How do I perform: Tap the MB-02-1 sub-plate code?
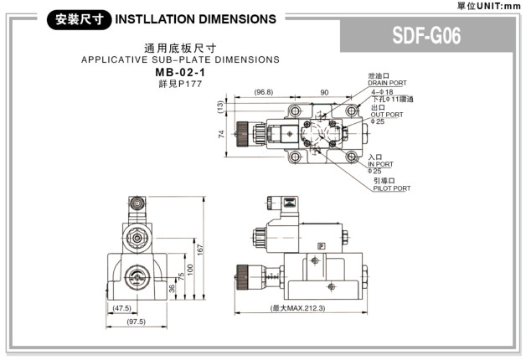tap(180, 73)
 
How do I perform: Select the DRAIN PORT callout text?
tap(386, 83)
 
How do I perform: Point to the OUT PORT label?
tap(384, 115)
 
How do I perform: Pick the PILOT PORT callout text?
tap(391, 188)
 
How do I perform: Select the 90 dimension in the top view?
tap(323, 91)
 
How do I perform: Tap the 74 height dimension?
tap(221, 134)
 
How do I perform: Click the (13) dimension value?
tap(221, 106)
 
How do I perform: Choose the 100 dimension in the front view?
tap(190, 268)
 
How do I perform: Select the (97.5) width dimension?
tap(135, 321)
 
